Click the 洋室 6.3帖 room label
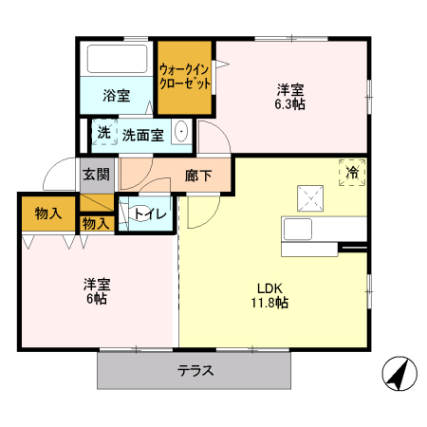[290, 97]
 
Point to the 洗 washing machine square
[102, 133]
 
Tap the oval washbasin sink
[182, 134]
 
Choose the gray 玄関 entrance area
[95, 175]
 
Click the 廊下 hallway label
[197, 175]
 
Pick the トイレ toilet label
[151, 213]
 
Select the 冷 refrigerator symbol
[352, 173]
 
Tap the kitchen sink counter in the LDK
[323, 231]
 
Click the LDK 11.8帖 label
[269, 296]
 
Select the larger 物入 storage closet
[47, 213]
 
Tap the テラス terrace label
[194, 370]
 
